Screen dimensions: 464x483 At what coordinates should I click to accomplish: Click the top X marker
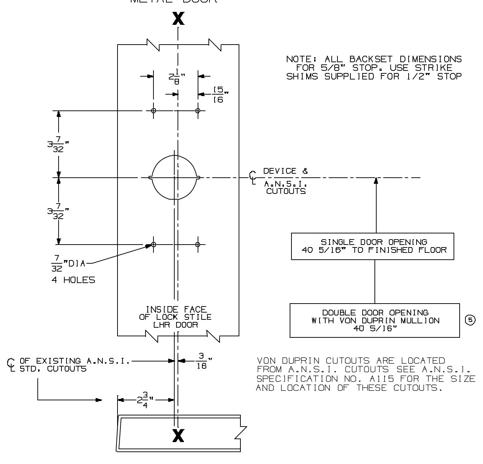pos(179,19)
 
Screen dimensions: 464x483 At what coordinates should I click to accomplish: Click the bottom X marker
pos(179,436)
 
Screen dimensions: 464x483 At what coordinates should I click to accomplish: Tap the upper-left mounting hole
pos(153,110)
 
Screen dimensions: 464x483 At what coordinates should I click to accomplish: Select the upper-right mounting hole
pos(198,110)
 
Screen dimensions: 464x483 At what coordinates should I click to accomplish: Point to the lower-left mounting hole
pos(153,245)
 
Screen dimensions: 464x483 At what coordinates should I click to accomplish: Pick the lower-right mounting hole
pos(198,245)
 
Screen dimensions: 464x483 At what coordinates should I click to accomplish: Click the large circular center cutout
pos(174,177)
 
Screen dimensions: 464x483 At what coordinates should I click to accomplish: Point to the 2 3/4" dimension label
pos(146,400)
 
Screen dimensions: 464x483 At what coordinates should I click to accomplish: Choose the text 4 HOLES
pos(73,280)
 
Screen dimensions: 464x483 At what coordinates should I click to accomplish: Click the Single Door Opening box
pos(372,246)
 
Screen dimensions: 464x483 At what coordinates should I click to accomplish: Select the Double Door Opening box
pos(374,320)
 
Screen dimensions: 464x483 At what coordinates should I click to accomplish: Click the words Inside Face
pos(176,309)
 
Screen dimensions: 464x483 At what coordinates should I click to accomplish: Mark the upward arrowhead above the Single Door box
pos(376,180)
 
